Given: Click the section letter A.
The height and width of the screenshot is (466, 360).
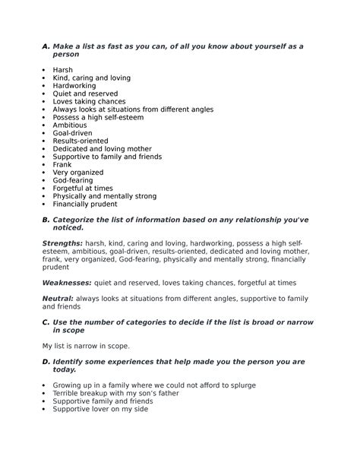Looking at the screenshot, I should click(45, 46).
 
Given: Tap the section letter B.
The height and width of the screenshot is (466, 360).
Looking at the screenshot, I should click(45, 219).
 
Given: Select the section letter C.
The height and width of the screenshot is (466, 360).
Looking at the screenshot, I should click(45, 322).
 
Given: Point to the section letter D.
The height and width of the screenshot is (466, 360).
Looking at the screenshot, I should click(45, 362).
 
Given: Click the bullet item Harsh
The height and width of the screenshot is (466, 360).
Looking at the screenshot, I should click(63, 70).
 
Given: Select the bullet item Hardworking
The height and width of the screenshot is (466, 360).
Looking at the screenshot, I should click(75, 86).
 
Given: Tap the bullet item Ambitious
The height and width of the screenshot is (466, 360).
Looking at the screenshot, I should click(70, 125).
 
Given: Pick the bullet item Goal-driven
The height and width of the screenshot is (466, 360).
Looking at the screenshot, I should click(72, 133).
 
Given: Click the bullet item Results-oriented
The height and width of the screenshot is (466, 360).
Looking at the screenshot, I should click(80, 141).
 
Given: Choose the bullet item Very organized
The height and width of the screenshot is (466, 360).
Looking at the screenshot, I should click(78, 173).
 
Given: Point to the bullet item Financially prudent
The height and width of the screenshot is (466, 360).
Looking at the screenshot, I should click(85, 204).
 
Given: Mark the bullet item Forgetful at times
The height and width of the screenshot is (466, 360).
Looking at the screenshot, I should click(83, 188).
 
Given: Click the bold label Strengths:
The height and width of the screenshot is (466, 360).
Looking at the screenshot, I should click(62, 243).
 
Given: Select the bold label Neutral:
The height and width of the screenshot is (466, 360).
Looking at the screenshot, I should click(56, 299).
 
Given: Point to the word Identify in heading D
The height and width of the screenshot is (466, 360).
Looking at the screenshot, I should click(71, 362).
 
